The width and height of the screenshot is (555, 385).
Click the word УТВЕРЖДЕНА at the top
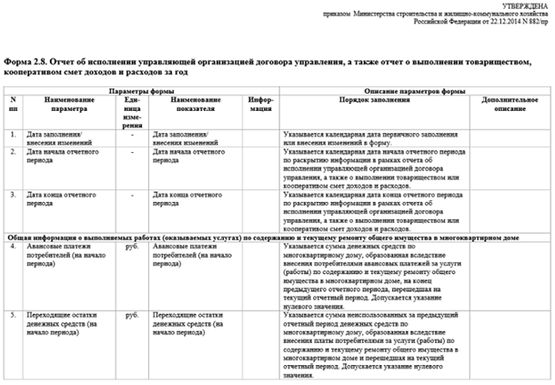click(x=527, y=5)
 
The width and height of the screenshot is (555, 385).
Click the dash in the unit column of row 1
click(x=133, y=134)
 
